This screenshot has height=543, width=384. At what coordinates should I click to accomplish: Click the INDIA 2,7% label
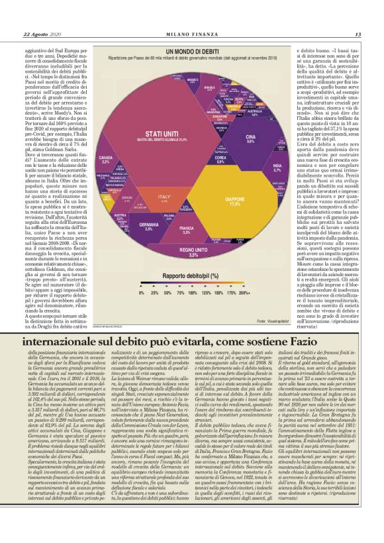click(278, 168)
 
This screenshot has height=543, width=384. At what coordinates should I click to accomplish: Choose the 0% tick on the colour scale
click(140, 292)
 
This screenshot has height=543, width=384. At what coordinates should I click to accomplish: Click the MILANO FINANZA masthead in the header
click(191, 34)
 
